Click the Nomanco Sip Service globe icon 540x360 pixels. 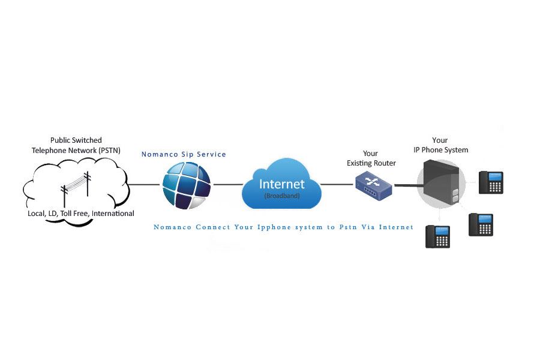point(187,185)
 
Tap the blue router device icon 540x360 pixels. point(374,187)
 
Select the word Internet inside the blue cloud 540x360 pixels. point(282,184)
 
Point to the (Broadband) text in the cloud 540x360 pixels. point(282,196)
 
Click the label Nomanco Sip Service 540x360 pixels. point(184,154)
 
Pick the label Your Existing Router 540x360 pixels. point(371,158)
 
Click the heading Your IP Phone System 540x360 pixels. point(440,145)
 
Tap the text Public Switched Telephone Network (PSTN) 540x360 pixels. point(76,145)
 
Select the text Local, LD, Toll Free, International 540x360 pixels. point(81,214)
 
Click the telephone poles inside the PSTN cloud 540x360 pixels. point(76,189)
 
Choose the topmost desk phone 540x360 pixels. point(491,182)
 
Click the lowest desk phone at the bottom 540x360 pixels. point(438,236)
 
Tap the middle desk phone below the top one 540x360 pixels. point(481,224)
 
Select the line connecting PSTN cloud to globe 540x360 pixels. point(144,185)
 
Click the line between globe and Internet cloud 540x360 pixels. point(228,185)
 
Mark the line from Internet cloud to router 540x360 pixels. point(337,185)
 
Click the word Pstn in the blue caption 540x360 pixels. point(348,227)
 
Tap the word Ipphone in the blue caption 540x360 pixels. point(274,227)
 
